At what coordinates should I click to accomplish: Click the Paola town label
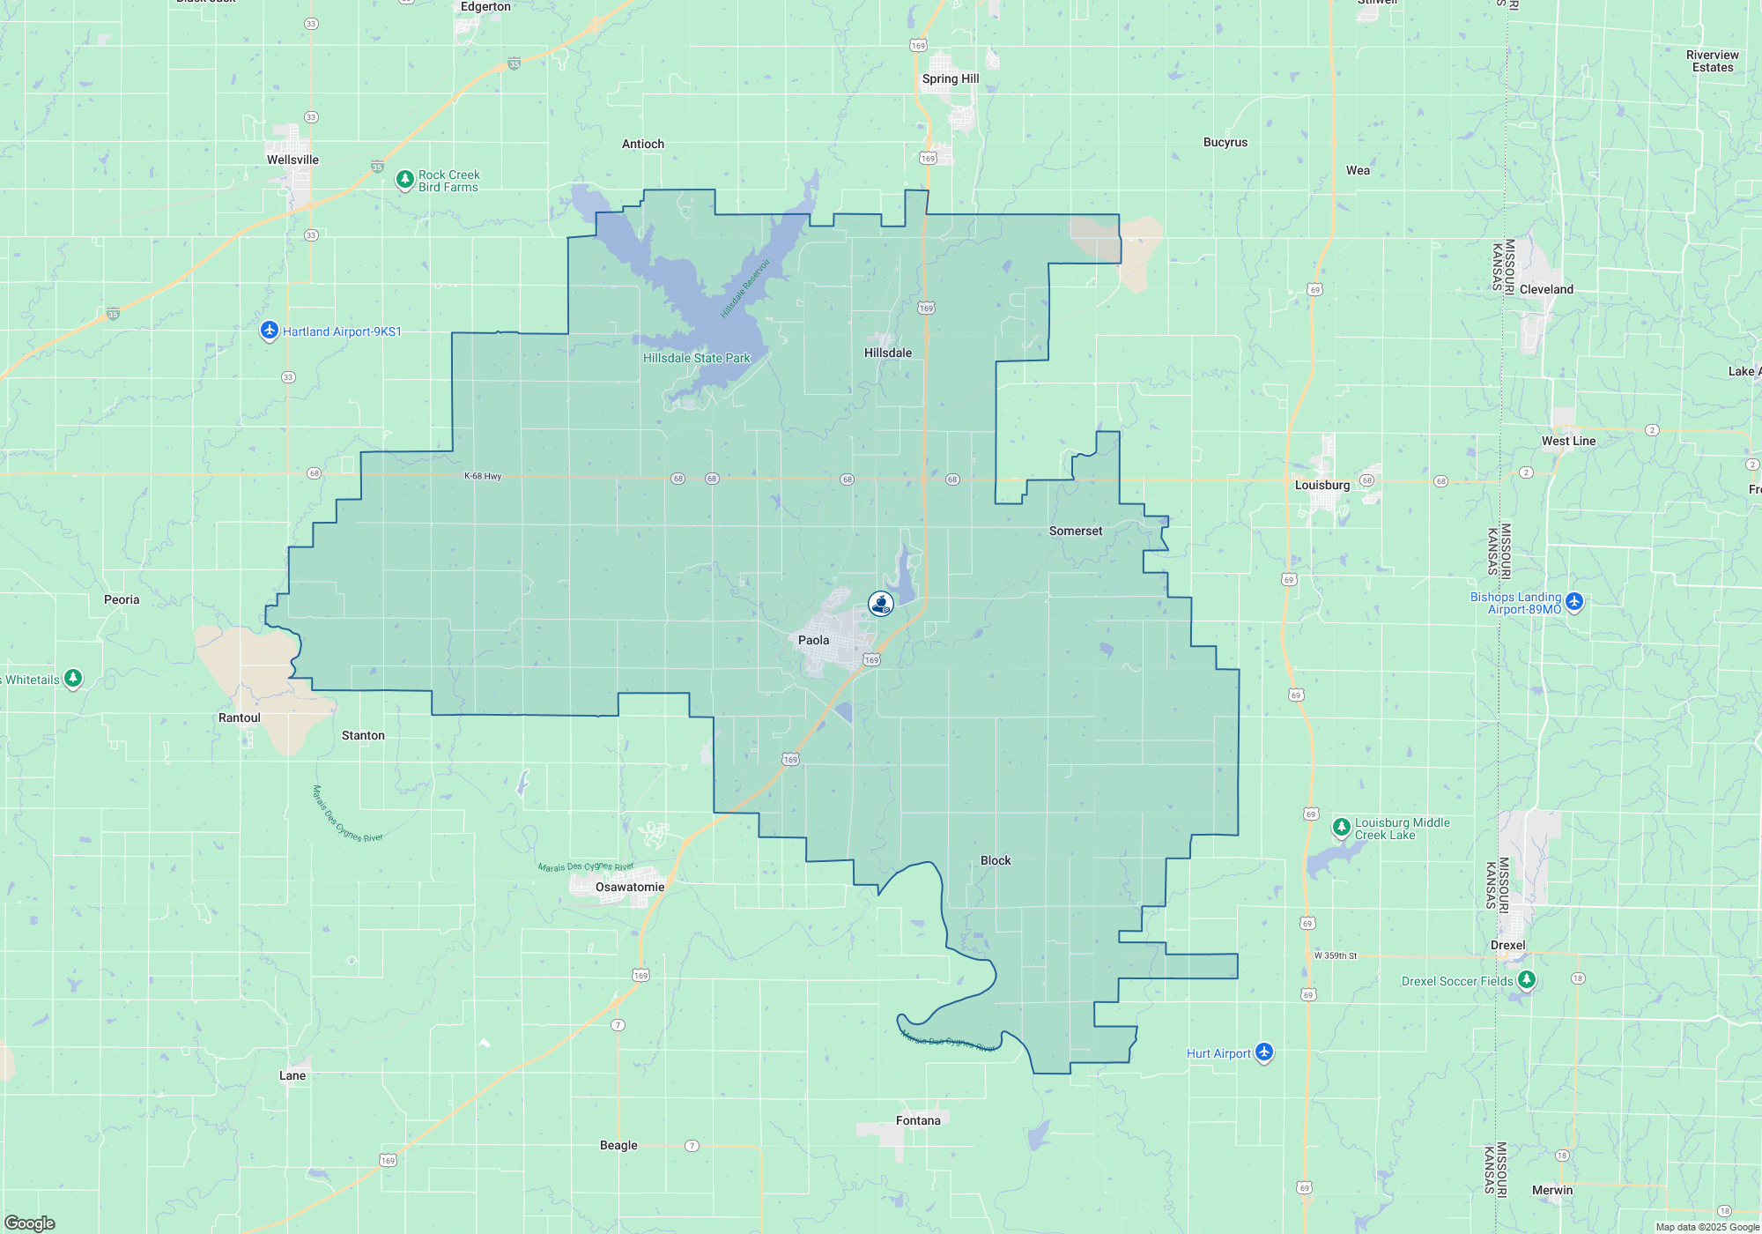pyautogui.click(x=813, y=641)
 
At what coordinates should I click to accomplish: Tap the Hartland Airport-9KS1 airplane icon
pyautogui.click(x=270, y=331)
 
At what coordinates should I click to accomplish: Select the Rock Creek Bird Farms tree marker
pyautogui.click(x=404, y=180)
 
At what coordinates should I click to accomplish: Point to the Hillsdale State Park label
pyautogui.click(x=696, y=358)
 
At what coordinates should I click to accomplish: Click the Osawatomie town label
pyautogui.click(x=630, y=887)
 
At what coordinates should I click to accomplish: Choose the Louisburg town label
pyautogui.click(x=1321, y=485)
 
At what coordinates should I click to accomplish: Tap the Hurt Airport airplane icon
pyautogui.click(x=1264, y=1052)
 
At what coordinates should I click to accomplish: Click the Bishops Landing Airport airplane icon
pyautogui.click(x=1574, y=602)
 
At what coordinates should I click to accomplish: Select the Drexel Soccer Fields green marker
pyautogui.click(x=1527, y=979)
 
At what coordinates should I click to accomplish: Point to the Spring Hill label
pyautogui.click(x=951, y=78)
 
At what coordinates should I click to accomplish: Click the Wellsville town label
pyautogui.click(x=292, y=160)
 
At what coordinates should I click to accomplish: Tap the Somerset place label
pyautogui.click(x=1075, y=531)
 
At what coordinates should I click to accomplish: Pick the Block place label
pyautogui.click(x=996, y=860)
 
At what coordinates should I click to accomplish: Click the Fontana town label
pyautogui.click(x=918, y=1120)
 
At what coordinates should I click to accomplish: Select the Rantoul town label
pyautogui.click(x=240, y=717)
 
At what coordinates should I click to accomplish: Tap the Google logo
pyautogui.click(x=30, y=1223)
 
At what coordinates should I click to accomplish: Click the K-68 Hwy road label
pyautogui.click(x=483, y=476)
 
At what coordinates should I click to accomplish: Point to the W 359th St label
pyautogui.click(x=1336, y=955)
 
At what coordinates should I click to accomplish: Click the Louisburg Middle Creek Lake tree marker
pyautogui.click(x=1341, y=827)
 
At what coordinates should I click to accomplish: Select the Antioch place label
pyautogui.click(x=643, y=144)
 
